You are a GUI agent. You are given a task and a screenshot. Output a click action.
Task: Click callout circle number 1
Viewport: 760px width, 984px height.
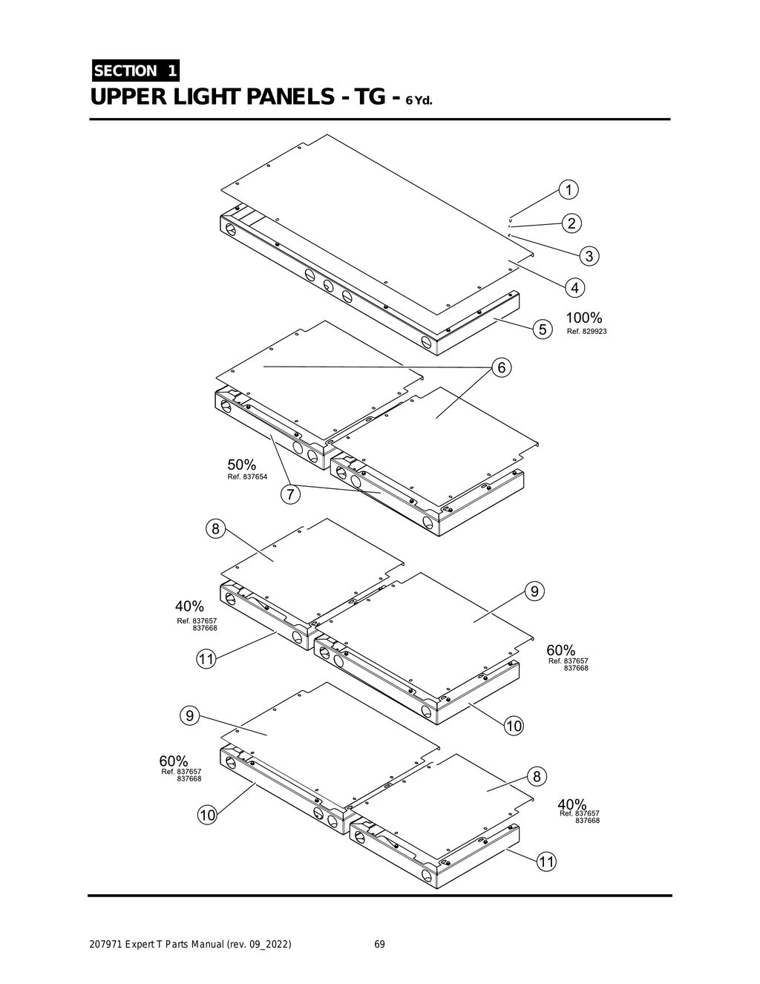[569, 189]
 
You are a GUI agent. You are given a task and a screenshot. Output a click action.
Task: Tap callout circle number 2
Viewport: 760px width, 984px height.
[571, 223]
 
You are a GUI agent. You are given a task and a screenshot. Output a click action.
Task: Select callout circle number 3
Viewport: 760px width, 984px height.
[589, 257]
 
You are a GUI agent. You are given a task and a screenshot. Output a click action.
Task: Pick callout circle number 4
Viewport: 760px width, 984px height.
[574, 286]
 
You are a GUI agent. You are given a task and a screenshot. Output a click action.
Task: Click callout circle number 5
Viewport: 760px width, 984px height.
[543, 329]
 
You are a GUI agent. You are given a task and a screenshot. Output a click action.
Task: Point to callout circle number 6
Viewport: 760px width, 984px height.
[501, 367]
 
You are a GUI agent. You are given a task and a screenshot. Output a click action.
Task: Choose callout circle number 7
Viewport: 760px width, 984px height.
[291, 494]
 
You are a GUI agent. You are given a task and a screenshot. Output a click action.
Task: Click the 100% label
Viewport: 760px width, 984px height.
[584, 318]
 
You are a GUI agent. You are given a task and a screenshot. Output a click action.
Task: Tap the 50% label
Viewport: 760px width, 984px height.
[241, 465]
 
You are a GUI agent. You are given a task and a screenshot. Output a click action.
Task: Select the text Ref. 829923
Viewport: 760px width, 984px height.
[586, 331]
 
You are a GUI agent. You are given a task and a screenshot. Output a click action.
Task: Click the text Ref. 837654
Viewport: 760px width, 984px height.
[247, 476]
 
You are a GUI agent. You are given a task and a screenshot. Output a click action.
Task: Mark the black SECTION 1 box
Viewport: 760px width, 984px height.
[135, 70]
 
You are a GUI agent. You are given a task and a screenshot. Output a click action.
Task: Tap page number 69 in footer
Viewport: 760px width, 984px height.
[379, 945]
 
